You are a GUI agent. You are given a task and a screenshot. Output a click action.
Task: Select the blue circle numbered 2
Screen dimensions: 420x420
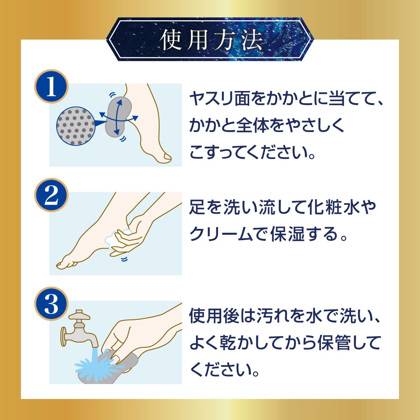point(51,195)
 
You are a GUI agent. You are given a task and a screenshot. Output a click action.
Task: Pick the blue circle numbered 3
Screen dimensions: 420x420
point(51,303)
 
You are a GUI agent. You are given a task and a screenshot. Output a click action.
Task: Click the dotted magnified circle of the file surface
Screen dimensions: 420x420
point(76,126)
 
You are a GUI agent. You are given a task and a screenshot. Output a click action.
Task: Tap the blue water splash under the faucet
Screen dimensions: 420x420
point(97,366)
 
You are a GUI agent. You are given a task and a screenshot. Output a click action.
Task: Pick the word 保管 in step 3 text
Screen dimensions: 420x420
point(331,344)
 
